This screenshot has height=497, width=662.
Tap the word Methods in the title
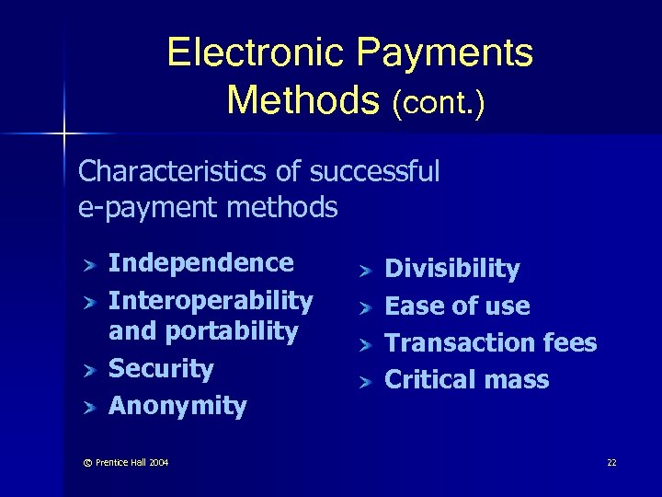[x=303, y=99]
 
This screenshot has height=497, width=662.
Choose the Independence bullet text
[x=201, y=263]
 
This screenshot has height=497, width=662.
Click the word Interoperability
[x=211, y=300]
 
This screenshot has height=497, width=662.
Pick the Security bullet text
[x=161, y=369]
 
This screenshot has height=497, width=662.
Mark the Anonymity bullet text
[x=177, y=406]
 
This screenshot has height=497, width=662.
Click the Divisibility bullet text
[x=451, y=269]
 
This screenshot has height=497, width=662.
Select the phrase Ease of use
[x=457, y=306]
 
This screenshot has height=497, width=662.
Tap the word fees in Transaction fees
[x=569, y=343]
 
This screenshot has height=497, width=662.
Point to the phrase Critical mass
[x=466, y=379]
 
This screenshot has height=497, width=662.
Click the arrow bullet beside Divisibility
[x=365, y=270]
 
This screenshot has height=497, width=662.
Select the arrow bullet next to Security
[x=89, y=370]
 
